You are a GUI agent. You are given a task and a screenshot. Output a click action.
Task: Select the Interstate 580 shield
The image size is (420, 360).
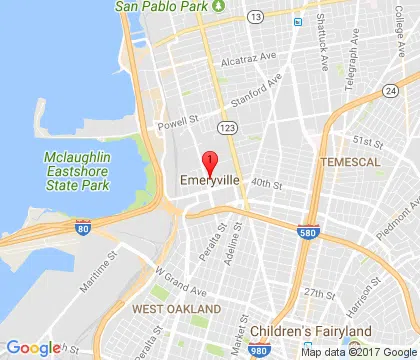(309, 232)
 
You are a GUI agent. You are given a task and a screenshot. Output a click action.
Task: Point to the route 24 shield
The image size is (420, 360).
(390, 91)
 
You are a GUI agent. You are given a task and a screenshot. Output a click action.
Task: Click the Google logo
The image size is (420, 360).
(33, 348)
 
